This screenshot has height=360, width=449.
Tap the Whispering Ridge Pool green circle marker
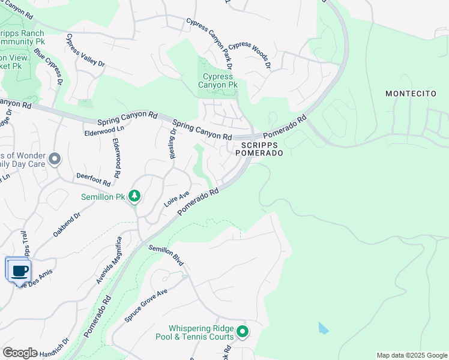pyautogui.click(x=243, y=331)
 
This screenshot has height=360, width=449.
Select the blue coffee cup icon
pyautogui.click(x=19, y=270)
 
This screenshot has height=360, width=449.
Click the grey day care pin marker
pyautogui.click(x=55, y=159)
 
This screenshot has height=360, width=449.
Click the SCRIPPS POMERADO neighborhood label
pyautogui.click(x=262, y=149)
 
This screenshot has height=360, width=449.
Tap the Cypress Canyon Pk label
pyautogui.click(x=218, y=80)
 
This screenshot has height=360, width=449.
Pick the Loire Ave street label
pyautogui.click(x=177, y=199)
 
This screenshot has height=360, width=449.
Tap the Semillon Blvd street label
pyautogui.click(x=166, y=256)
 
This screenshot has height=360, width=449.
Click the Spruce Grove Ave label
pyautogui.click(x=145, y=306)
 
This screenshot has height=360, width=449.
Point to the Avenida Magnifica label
pyautogui.click(x=109, y=260)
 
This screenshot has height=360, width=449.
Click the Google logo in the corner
pyautogui.click(x=20, y=353)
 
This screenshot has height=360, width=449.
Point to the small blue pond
pyautogui.click(x=324, y=328)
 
